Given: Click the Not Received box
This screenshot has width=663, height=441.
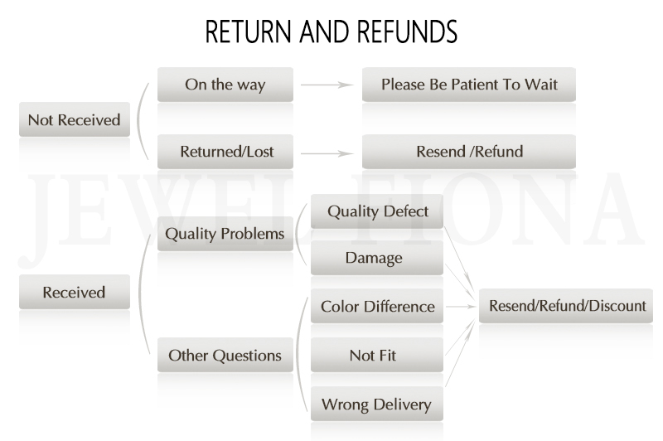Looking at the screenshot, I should point(75,119).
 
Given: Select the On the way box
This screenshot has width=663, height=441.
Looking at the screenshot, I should point(225,85).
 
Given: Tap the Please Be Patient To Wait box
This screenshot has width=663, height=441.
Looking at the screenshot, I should point(469,85).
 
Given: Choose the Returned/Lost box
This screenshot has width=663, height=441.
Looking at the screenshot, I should point(225,152).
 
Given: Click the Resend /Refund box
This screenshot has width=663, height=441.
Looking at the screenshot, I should point(469,152).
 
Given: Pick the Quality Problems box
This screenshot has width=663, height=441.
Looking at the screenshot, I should point(225,234).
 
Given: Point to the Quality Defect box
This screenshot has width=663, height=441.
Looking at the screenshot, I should point(377,211).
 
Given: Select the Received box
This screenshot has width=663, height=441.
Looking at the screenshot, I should point(75,292).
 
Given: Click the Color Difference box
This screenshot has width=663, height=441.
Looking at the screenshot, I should point(377,307).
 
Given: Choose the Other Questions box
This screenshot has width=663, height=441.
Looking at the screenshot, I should point(225,356).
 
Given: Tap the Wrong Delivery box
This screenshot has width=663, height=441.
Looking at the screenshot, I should point(377,405).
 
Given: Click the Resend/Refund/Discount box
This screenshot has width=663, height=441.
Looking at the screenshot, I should point(567,306).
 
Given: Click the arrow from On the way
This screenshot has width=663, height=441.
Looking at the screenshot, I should point(327,85).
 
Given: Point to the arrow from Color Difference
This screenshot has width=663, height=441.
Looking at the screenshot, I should point(460,307).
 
